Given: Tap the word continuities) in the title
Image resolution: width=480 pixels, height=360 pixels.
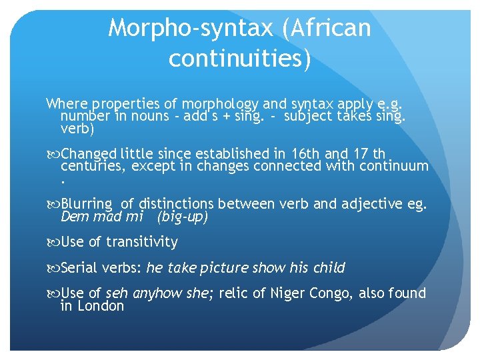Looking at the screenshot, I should (x=240, y=59).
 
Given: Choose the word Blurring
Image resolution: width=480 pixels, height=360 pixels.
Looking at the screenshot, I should (x=88, y=204).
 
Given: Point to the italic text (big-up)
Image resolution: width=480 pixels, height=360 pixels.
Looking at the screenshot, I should (x=183, y=217).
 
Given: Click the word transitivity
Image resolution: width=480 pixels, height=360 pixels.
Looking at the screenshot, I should (x=143, y=242).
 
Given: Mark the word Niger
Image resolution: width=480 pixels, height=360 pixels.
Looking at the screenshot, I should (x=290, y=293).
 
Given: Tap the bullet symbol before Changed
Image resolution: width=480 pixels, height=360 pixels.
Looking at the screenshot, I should (x=53, y=153).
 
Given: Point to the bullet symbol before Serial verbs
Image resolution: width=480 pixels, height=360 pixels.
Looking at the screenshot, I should (x=53, y=269).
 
